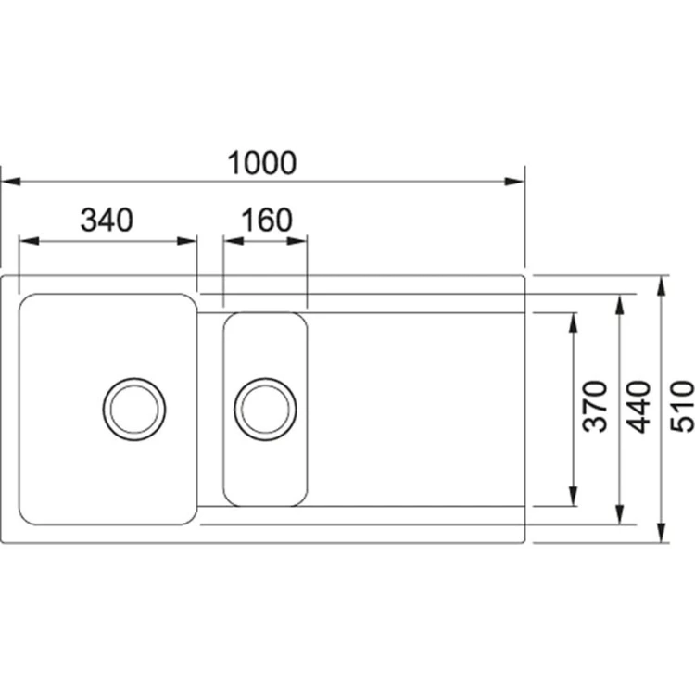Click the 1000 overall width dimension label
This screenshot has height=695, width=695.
(262, 163)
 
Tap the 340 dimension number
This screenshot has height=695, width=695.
(107, 221)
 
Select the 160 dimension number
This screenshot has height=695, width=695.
(267, 221)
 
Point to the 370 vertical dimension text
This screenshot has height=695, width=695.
(595, 407)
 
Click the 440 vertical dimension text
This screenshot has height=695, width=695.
(640, 407)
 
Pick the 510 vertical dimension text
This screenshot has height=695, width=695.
(683, 407)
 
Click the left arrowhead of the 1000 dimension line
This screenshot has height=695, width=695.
(10, 182)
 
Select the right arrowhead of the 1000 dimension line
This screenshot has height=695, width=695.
(515, 182)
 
